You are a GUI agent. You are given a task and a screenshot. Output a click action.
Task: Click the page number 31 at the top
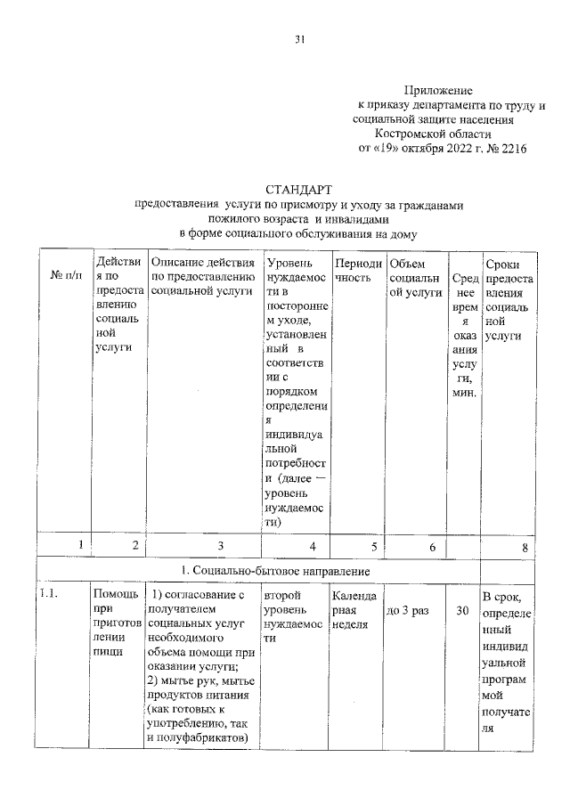point(301,38)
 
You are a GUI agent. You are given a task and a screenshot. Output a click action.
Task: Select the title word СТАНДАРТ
point(298,190)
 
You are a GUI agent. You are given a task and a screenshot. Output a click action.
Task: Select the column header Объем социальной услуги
point(415,277)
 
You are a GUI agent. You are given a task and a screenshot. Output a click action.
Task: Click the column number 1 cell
point(81,546)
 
